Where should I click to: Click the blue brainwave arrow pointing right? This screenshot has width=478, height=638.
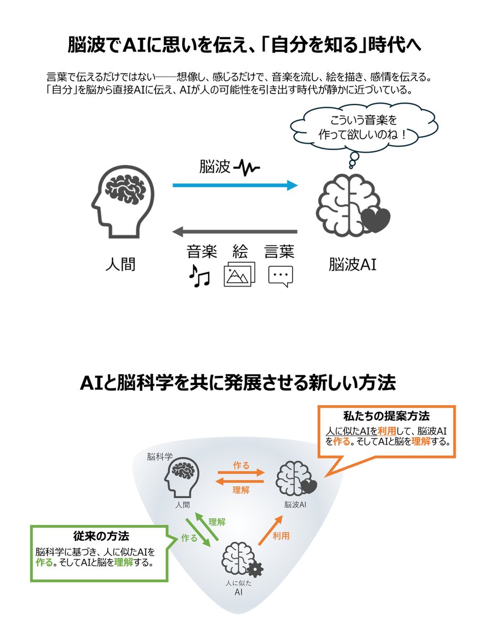[x=235, y=186]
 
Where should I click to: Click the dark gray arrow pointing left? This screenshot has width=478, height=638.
[x=235, y=232]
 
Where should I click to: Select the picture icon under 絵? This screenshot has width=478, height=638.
[x=239, y=274]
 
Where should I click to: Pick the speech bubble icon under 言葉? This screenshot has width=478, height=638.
[x=280, y=276]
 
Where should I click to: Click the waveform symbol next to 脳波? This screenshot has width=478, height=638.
[x=247, y=169]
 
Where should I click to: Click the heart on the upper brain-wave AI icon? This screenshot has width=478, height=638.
[x=378, y=220]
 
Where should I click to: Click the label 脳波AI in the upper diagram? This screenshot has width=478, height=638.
[x=352, y=264]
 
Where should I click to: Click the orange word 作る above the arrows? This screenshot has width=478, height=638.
[x=241, y=465]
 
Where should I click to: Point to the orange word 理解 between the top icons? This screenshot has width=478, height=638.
[x=241, y=490]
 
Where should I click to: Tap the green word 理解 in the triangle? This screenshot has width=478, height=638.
[x=217, y=522]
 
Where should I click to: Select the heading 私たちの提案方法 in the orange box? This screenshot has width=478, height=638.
[x=386, y=415]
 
